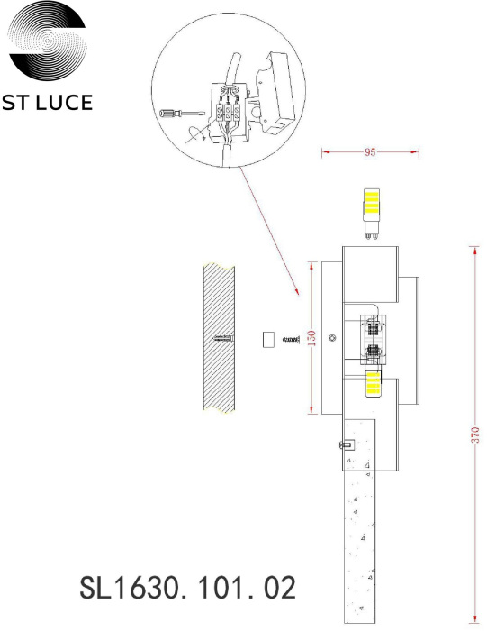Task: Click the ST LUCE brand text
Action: (48, 102)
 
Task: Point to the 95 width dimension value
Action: (369, 152)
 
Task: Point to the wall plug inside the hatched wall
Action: (222, 339)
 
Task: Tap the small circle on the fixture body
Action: (333, 338)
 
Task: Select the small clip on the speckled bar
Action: (345, 444)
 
